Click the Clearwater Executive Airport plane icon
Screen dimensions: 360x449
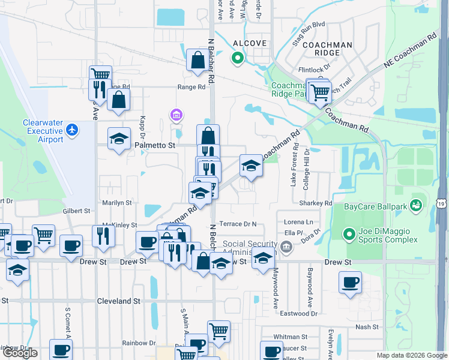click(x=72, y=129)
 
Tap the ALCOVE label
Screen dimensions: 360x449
click(x=246, y=44)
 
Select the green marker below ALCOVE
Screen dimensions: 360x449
click(x=237, y=58)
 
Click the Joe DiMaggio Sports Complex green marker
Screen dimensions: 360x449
click(x=348, y=233)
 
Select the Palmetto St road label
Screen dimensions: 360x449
click(x=155, y=145)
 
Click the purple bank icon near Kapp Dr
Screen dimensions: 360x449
click(x=175, y=114)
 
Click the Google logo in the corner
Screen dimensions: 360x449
click(x=20, y=353)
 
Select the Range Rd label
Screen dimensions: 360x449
click(x=191, y=87)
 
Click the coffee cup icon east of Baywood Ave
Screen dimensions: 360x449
click(x=350, y=282)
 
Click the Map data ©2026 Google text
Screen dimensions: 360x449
click(x=411, y=355)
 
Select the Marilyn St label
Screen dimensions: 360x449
click(x=116, y=203)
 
